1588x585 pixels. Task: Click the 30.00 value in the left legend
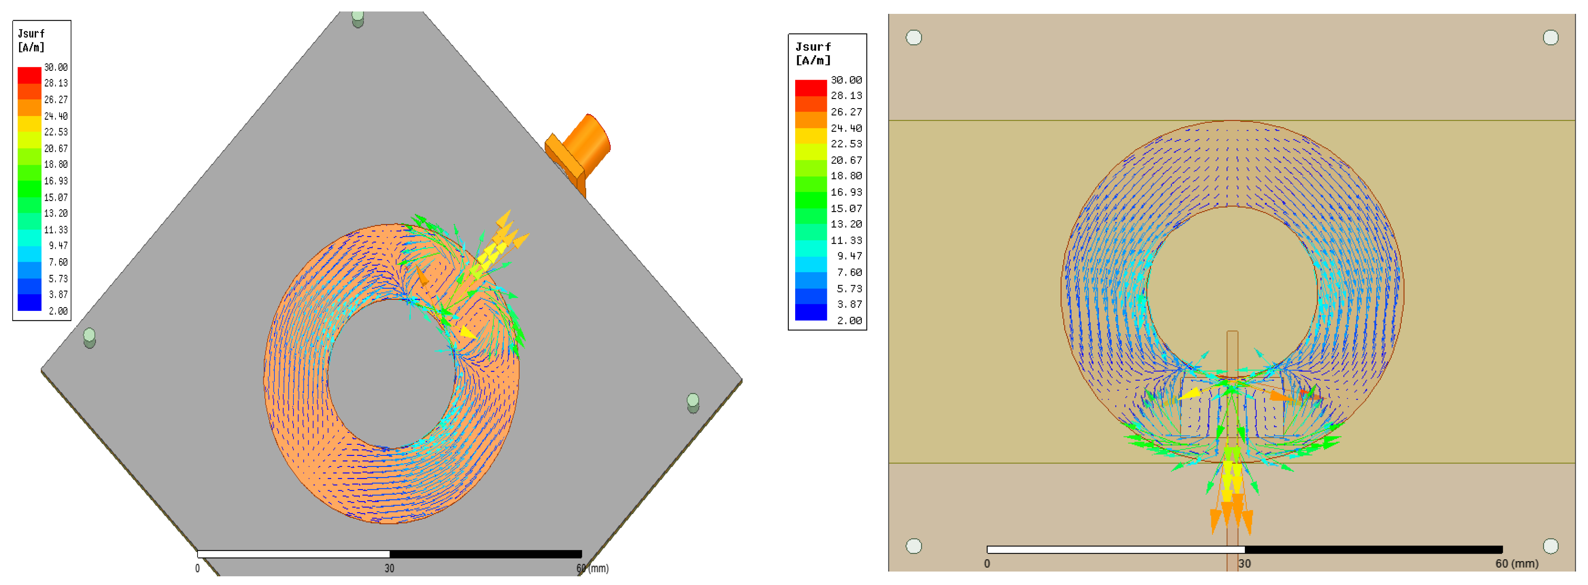pos(56,67)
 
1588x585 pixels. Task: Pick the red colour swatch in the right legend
pos(811,88)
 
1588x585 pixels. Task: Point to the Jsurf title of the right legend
pos(813,47)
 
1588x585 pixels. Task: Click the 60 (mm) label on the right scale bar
pos(1517,564)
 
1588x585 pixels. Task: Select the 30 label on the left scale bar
pos(389,568)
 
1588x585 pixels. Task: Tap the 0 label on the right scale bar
pos(987,564)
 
